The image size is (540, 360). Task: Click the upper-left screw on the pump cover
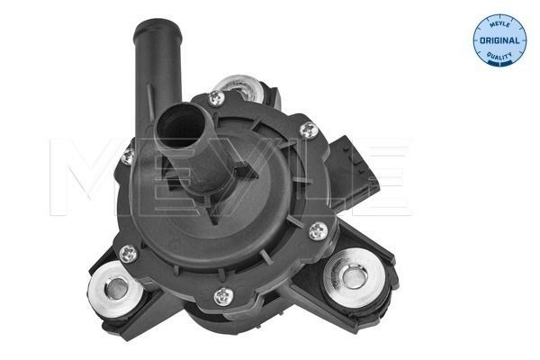click(x=128, y=156)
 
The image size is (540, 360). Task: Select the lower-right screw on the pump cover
click(x=315, y=232)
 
